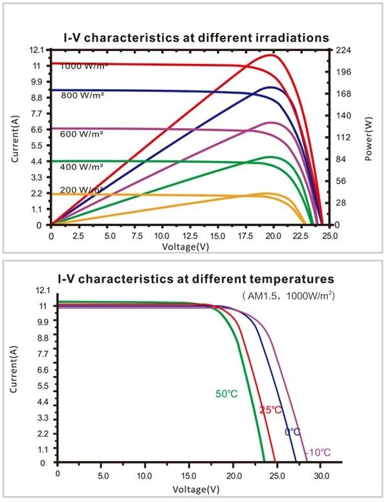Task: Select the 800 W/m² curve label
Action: [x=83, y=96]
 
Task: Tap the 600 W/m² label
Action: [x=82, y=134]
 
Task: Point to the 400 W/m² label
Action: [x=82, y=167]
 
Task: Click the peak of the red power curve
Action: [x=273, y=55]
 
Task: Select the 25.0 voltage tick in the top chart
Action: [x=330, y=237]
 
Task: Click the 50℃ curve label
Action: [x=227, y=393]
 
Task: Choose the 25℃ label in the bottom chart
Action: [x=271, y=410]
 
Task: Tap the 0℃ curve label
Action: [x=292, y=431]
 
